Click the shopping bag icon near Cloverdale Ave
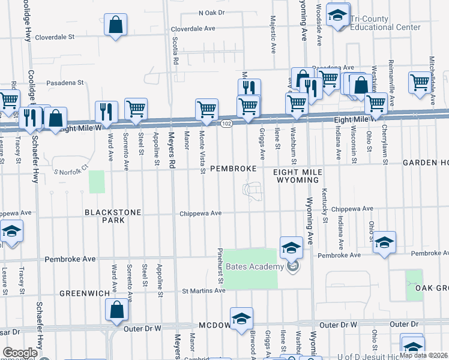click(116, 25)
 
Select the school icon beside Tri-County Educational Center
click(338, 16)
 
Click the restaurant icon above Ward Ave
click(106, 111)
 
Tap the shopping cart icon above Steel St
click(136, 109)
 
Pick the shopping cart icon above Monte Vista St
click(206, 109)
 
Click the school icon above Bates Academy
click(291, 247)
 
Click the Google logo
click(20, 352)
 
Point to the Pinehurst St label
click(220, 265)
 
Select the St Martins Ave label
click(203, 290)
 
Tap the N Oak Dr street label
click(211, 12)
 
